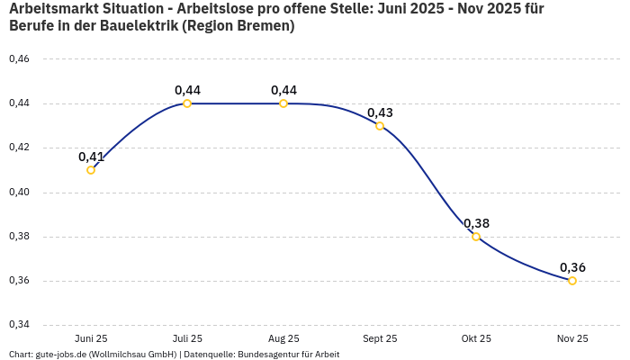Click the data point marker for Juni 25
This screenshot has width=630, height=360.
91,170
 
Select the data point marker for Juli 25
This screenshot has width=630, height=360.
187,103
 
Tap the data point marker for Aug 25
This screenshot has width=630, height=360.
283,103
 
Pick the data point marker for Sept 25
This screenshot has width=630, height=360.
380,126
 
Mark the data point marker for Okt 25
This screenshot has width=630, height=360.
476,237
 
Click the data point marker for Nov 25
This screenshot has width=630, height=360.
572,281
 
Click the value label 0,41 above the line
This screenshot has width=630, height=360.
91,157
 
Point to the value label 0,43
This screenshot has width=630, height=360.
380,112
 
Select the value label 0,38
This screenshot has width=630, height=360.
476,223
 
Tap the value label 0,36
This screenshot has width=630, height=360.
572,267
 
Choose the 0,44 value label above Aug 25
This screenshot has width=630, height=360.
283,90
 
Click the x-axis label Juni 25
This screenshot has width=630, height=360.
91,338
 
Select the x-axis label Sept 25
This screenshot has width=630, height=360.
380,338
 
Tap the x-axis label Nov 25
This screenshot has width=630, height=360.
572,338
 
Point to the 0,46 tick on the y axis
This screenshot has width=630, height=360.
19,59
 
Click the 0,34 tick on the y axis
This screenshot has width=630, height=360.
19,325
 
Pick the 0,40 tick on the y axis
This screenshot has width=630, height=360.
19,192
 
